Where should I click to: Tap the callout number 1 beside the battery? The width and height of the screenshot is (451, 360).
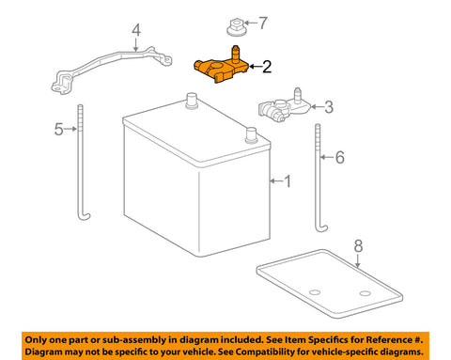(x=288, y=180)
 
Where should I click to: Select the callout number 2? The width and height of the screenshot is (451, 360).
(x=267, y=67)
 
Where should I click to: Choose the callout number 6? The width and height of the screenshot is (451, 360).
(x=339, y=157)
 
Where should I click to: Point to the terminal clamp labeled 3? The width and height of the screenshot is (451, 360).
(x=283, y=110)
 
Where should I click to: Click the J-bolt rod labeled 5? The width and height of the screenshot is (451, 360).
(x=83, y=160)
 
